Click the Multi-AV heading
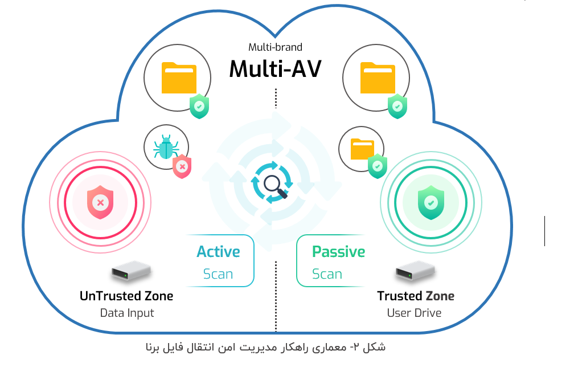275,69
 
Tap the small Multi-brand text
275,47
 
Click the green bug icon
165,148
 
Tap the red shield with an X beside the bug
182,166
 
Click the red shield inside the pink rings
100,202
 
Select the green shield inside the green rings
431,202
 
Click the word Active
218,251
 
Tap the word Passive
338,251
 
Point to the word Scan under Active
218,274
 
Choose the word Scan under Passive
327,274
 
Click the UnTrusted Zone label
126,296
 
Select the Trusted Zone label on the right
416,296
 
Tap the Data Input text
127,313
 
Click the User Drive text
414,313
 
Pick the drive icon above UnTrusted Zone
130,271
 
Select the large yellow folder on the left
179,78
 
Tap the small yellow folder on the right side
362,149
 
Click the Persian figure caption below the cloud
266,346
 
